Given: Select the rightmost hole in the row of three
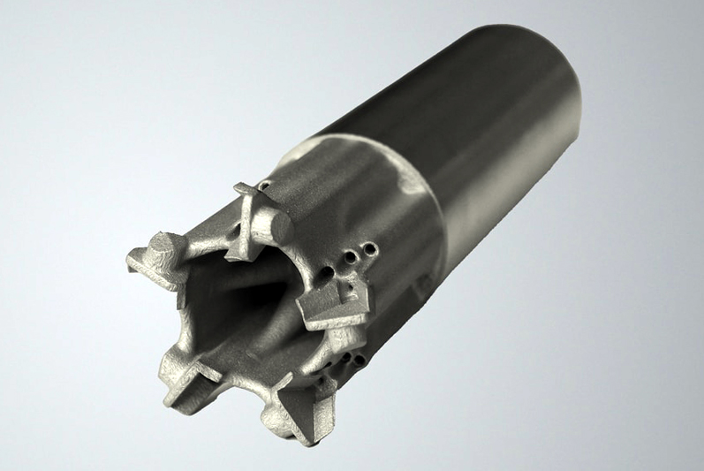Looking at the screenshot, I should point(372,250).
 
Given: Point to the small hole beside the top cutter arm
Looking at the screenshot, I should point(265,186).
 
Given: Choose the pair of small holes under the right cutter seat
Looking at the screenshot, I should point(357,360).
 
